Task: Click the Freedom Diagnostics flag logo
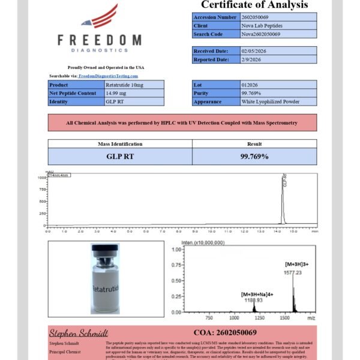point(99,17)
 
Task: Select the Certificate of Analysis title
point(254,5)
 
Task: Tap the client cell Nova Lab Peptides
point(261,26)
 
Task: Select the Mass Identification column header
point(120,144)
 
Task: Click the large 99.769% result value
point(254,156)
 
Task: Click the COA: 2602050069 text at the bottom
point(225,332)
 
